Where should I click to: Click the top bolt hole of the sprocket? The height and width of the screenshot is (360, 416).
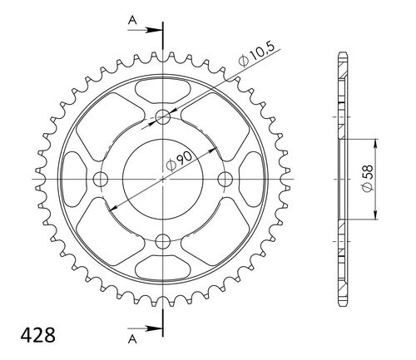click(162, 116)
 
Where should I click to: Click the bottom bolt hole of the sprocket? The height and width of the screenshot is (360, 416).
click(162, 240)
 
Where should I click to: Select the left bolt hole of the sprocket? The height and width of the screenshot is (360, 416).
click(102, 179)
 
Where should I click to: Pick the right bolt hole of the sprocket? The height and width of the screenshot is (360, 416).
click(224, 179)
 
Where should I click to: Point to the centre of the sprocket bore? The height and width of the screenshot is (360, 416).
click(162, 179)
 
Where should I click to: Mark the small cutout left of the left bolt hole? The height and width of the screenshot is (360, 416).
click(75, 179)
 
